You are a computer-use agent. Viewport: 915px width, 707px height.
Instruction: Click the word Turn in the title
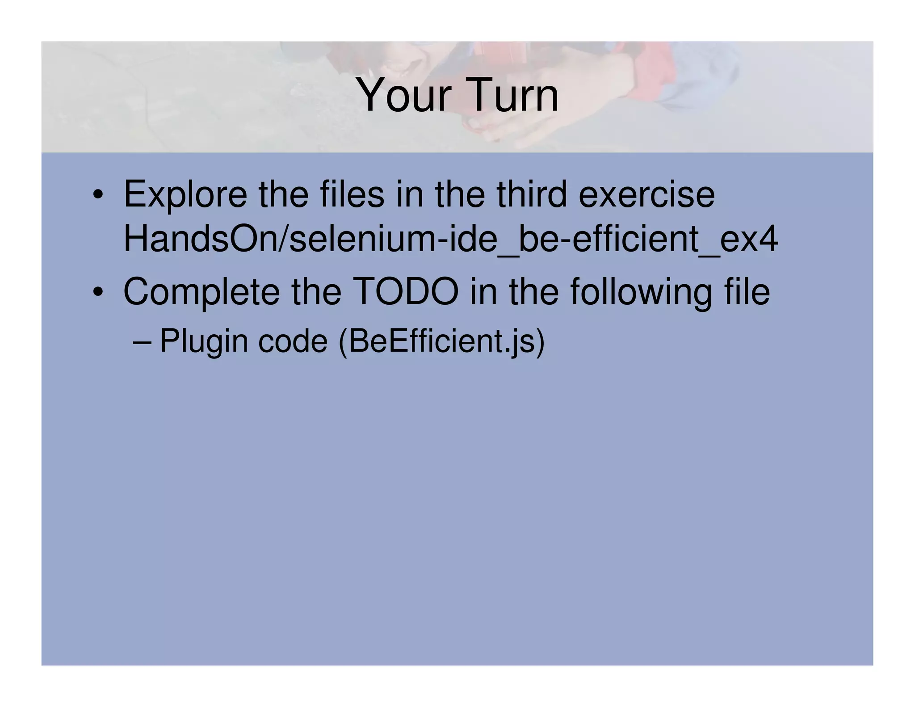512,95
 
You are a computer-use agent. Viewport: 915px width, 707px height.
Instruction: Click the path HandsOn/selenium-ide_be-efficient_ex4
450,239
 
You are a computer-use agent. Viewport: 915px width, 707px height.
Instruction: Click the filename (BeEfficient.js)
441,341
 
